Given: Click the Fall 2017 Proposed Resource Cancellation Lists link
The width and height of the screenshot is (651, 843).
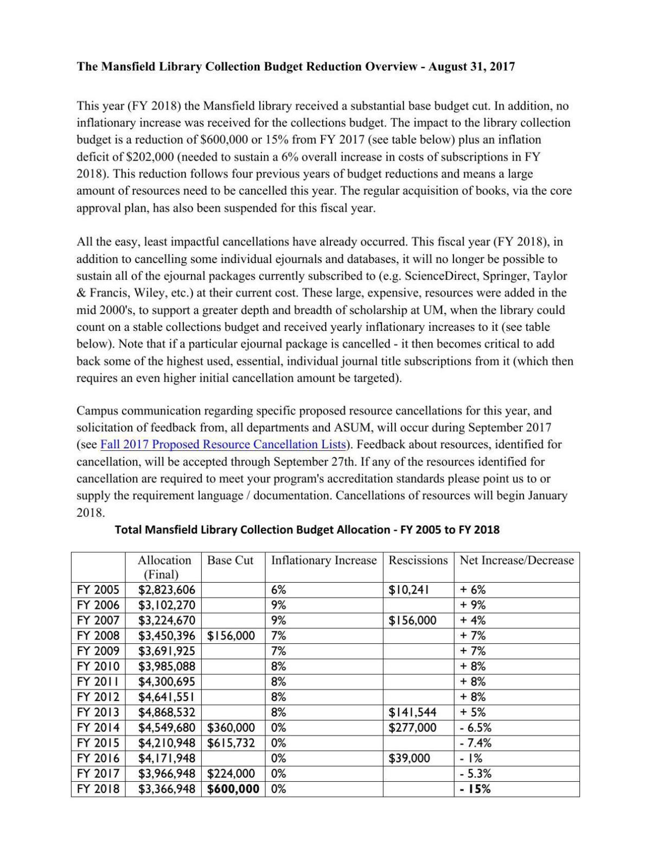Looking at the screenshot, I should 223,444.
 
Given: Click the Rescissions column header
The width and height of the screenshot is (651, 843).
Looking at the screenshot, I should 418,560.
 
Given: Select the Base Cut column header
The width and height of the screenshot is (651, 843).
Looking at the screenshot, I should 230,560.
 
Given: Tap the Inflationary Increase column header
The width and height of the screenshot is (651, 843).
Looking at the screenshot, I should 323,560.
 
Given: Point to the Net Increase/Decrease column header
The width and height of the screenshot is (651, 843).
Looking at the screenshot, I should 516,560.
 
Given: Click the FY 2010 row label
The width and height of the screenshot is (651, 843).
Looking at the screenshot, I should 98,666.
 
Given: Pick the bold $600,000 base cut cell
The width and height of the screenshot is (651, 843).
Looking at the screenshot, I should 233,789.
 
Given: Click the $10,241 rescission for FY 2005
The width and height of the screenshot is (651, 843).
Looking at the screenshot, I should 409,590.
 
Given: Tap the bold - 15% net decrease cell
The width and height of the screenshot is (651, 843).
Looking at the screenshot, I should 475,789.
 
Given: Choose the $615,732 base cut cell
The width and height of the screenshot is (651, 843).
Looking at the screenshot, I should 231,743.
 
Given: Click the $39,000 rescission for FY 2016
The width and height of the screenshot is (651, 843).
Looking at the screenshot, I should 409,758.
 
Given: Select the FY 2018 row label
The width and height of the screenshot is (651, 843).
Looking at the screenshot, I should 98,789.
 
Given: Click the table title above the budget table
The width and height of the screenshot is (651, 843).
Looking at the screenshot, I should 307,529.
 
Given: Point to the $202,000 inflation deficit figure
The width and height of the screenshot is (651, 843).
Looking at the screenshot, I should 150,157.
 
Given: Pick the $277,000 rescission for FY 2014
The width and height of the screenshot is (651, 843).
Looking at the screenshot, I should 412,727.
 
